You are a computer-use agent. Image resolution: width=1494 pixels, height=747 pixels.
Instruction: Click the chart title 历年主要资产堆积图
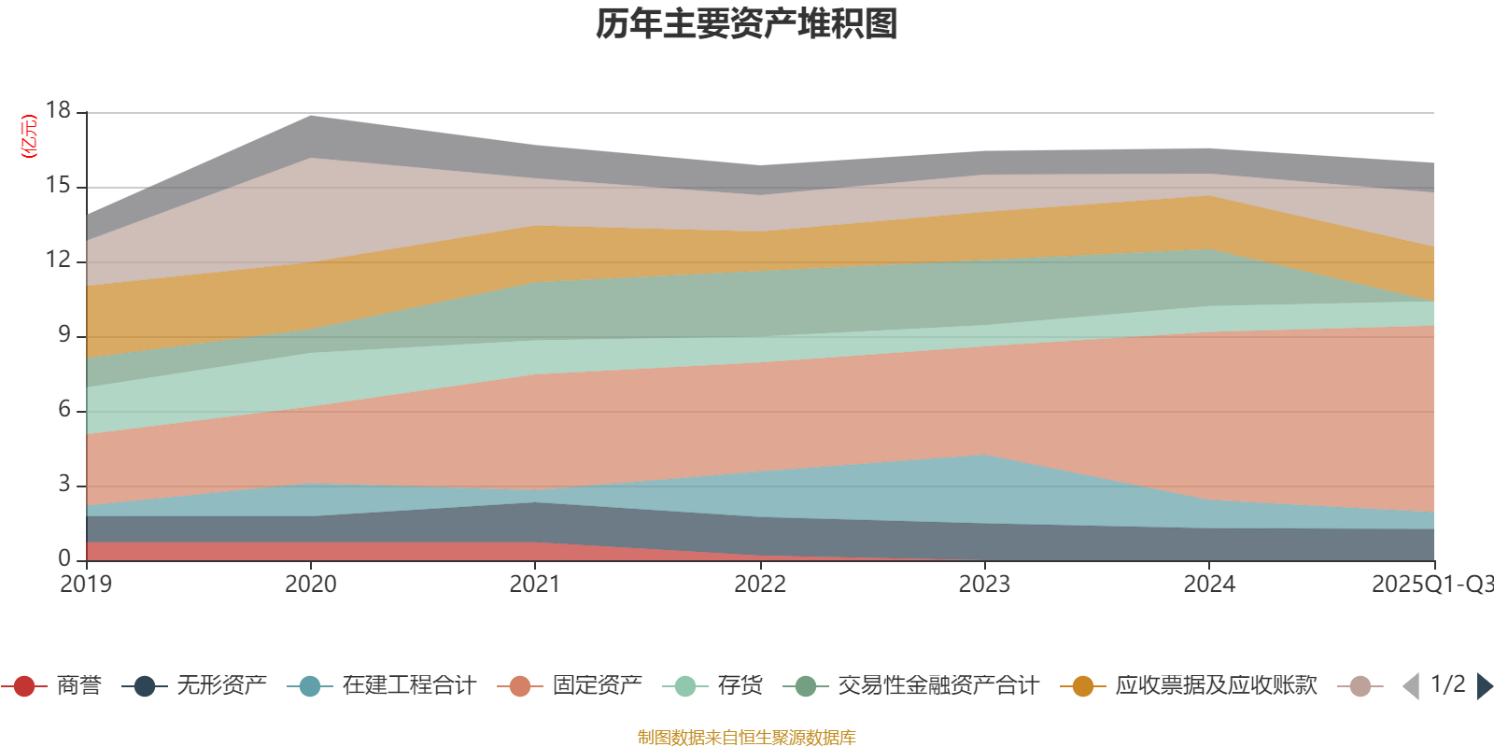click(x=747, y=24)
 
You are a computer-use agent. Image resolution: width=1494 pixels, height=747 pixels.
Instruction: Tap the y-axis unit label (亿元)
click(x=29, y=136)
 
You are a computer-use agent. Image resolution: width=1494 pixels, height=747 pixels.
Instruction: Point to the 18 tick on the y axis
click(x=58, y=111)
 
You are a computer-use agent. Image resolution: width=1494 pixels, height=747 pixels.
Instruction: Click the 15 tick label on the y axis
click(x=58, y=186)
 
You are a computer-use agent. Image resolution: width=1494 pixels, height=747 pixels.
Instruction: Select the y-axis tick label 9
click(x=63, y=335)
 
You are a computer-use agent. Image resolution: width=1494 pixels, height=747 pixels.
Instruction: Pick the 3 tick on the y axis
click(x=63, y=485)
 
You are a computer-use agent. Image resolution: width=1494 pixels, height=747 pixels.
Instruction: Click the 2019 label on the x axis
click(x=86, y=585)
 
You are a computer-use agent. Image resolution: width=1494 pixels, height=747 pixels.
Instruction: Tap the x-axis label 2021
click(x=535, y=585)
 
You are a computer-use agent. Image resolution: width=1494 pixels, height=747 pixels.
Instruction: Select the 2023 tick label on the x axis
click(x=984, y=585)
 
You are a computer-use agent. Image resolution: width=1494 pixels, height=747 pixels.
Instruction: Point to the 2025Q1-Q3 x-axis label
click(x=1431, y=585)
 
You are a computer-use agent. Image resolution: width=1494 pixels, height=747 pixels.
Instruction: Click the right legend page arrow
click(x=1484, y=686)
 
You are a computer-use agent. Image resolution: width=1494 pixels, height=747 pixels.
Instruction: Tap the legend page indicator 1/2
click(x=1447, y=684)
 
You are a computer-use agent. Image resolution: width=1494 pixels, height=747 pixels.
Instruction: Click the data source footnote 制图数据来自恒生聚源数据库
click(x=747, y=738)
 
